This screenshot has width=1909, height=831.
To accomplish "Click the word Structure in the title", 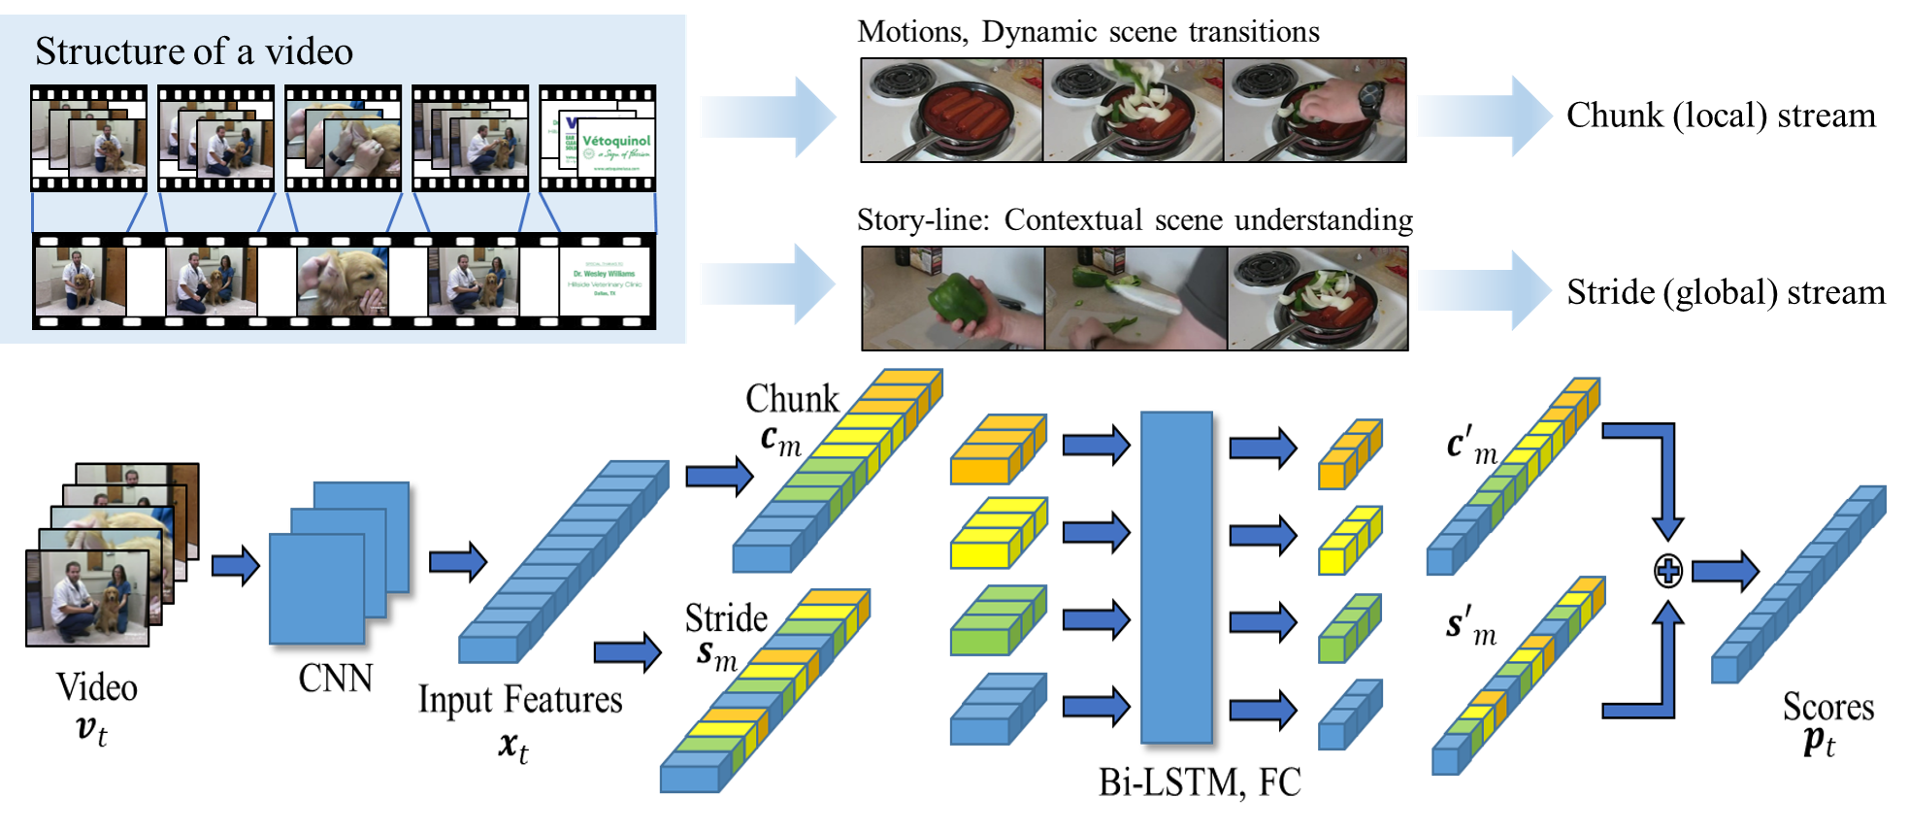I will click(109, 51).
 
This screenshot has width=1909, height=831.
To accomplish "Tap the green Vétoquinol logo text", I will click(616, 141).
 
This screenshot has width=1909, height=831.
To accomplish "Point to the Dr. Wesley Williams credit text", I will click(604, 274).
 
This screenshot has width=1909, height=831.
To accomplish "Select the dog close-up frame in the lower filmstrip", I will click(343, 282).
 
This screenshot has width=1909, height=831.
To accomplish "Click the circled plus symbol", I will click(1667, 571).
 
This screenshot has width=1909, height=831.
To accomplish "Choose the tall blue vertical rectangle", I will click(1176, 578).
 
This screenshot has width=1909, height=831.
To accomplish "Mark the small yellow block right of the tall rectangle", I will click(1349, 541).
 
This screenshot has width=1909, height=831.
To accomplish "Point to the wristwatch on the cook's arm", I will click(1370, 96).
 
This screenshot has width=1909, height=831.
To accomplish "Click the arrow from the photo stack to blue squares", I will click(234, 565).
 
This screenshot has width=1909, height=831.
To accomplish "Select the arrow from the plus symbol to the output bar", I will click(1724, 572).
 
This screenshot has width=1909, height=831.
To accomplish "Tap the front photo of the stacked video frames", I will click(87, 597).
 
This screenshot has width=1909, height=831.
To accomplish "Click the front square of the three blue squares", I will click(316, 588).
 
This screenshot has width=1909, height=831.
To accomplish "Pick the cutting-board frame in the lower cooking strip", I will click(1136, 299).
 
